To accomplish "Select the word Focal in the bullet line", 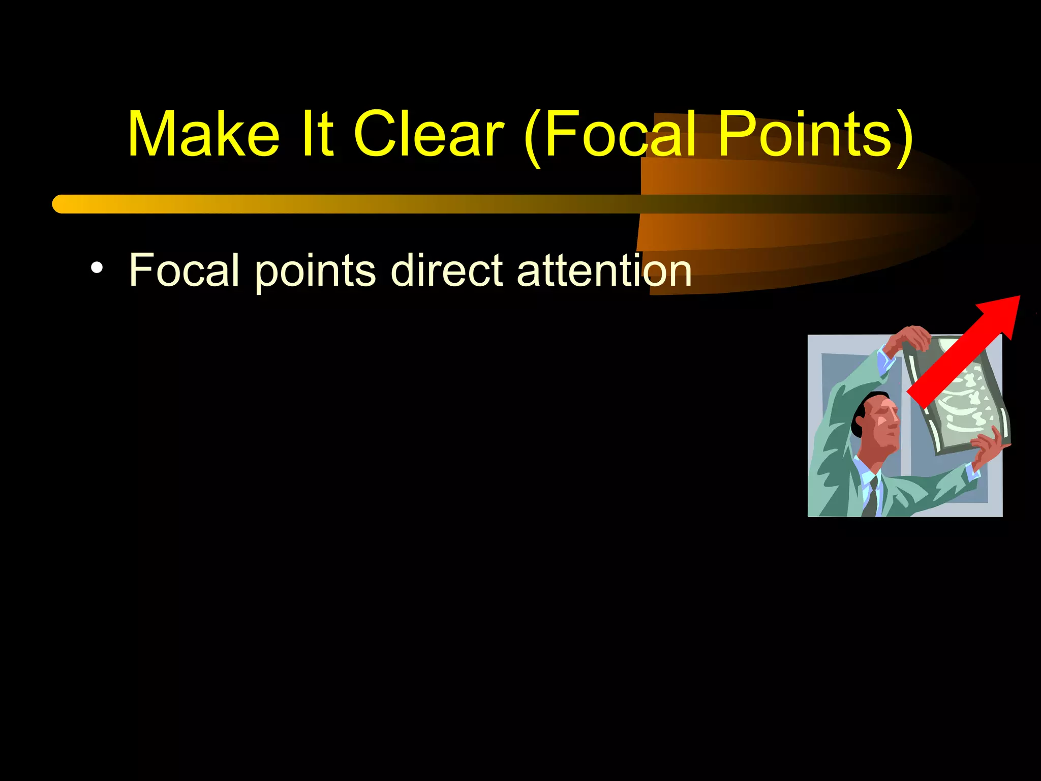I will [x=184, y=270].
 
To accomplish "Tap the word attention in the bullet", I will [x=604, y=270].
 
